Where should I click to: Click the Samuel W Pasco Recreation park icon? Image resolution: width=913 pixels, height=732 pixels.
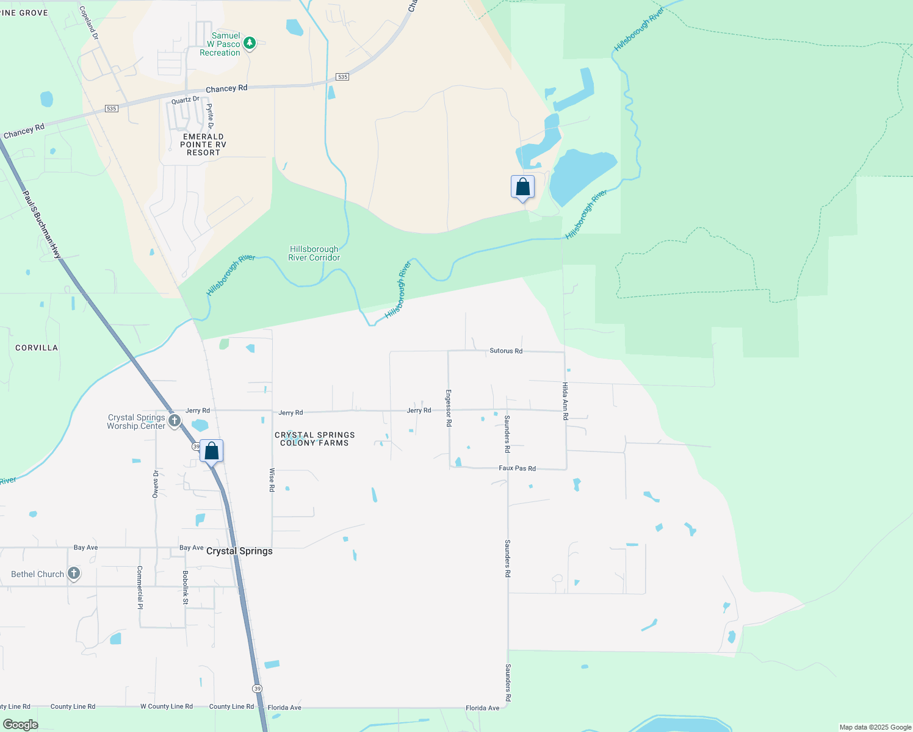coord(249,43)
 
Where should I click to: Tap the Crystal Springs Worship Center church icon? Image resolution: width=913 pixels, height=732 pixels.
coord(174,421)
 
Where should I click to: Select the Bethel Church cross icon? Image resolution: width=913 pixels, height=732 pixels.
coord(74,573)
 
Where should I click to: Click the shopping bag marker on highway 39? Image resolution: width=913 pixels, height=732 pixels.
coord(211,452)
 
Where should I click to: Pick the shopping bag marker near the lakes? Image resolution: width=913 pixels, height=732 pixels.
coord(522,187)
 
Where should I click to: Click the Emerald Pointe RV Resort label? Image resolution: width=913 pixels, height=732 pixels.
coord(203,145)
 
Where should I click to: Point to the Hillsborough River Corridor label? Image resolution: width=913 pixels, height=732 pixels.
coord(314,253)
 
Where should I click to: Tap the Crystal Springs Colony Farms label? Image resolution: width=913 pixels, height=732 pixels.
coord(314,439)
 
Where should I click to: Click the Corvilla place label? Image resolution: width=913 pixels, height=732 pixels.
coord(37,348)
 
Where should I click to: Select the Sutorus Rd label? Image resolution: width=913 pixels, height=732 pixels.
coord(506,351)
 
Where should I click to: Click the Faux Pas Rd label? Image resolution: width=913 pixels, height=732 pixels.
coord(517,468)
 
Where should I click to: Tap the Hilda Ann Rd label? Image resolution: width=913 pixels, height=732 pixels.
coord(565,401)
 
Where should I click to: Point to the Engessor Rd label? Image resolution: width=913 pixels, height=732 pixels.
coord(449,408)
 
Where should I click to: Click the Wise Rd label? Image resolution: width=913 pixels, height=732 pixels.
coord(272,480)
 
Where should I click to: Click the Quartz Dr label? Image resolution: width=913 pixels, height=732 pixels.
coord(185,100)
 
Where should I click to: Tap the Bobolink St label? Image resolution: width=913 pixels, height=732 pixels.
coord(186,587)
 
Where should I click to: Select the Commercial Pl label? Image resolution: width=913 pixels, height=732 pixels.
coord(140,587)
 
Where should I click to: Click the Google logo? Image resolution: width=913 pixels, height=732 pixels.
coord(21,725)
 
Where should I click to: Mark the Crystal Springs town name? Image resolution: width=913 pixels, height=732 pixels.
coord(239,551)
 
